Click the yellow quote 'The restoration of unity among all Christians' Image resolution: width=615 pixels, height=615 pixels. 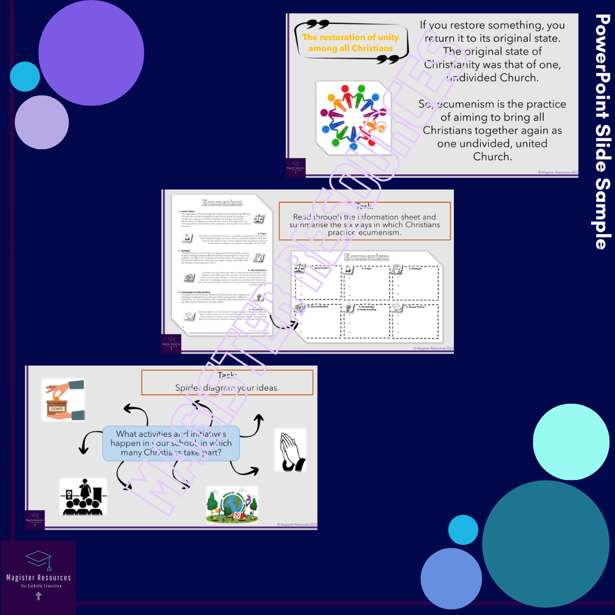point(350,43)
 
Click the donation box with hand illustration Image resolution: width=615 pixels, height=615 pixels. point(63,400)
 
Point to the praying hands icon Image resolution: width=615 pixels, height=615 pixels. point(290,450)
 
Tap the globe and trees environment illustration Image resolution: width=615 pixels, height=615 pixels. point(231,505)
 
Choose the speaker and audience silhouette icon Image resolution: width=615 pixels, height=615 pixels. point(83,497)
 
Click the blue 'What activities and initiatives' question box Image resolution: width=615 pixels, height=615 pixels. point(171,443)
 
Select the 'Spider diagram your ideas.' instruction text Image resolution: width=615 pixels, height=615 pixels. point(227,388)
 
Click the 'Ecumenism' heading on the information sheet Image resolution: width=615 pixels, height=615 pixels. point(222,203)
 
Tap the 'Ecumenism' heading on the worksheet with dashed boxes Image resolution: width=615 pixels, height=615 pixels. point(366,257)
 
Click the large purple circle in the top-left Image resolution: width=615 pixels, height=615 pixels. point(91,52)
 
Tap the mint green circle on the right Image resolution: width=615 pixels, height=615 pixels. point(570,442)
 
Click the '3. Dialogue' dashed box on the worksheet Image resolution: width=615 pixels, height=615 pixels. point(414,280)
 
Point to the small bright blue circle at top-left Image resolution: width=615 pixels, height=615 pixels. point(24,76)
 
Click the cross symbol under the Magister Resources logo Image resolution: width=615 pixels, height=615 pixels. point(39,596)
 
